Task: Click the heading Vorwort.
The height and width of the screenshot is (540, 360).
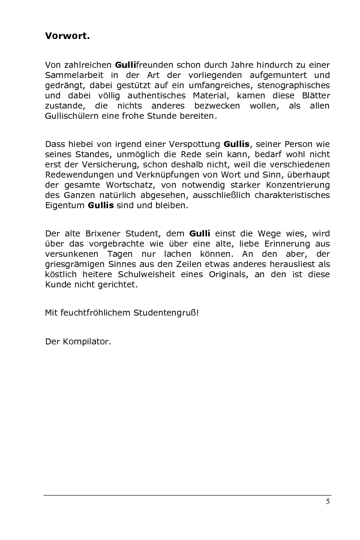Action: tap(67, 35)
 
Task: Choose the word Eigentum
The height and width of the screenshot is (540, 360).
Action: tap(64, 205)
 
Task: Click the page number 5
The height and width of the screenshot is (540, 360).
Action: tap(328, 502)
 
